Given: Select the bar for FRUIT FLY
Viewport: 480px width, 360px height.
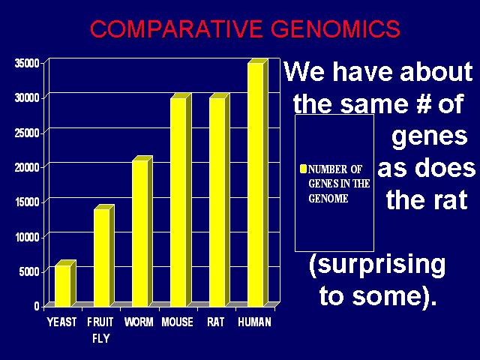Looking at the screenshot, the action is (x=103, y=256).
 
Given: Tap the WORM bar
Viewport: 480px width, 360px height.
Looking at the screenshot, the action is (x=142, y=232).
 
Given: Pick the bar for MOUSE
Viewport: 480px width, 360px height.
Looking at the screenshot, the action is (x=181, y=200).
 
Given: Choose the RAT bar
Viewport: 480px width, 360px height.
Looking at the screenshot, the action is (x=220, y=200).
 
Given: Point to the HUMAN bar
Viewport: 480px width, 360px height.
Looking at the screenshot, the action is (x=258, y=183).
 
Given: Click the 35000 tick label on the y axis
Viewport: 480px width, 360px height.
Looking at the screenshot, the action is (x=27, y=63).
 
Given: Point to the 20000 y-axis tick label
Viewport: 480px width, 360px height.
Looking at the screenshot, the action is (x=27, y=167).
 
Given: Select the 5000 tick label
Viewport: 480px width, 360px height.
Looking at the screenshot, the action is (x=29, y=271).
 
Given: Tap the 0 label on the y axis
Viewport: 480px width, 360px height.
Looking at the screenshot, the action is (x=37, y=306).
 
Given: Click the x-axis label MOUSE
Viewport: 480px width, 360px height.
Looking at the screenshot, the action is (x=178, y=322).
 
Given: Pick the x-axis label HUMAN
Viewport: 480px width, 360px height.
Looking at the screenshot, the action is (x=255, y=322).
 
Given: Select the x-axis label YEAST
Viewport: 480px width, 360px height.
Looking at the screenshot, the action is (x=61, y=322).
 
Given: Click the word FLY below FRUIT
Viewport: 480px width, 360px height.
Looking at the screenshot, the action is (x=101, y=338).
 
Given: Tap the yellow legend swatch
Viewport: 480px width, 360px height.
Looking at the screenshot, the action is (x=303, y=169).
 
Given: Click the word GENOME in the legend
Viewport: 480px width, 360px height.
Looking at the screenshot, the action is (x=328, y=198).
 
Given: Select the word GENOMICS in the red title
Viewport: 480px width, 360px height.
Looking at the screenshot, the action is (x=335, y=28).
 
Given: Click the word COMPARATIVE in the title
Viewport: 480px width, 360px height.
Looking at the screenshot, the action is (x=176, y=28).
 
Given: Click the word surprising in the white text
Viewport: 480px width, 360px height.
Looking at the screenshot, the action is (x=377, y=265).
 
